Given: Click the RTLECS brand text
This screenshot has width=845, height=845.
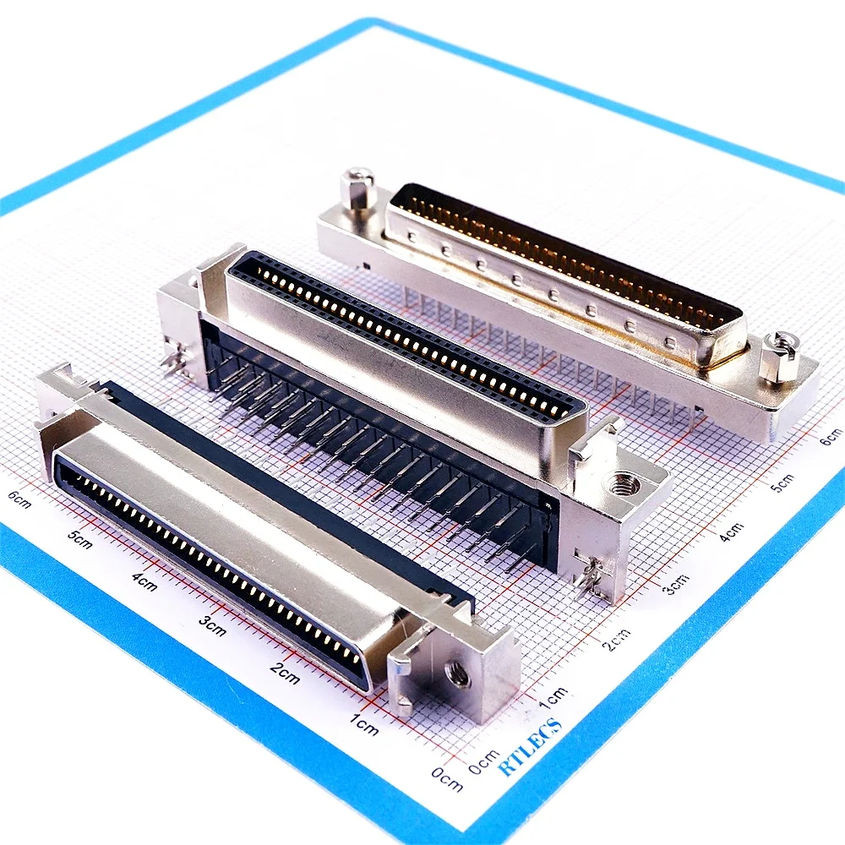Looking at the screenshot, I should pos(530,746).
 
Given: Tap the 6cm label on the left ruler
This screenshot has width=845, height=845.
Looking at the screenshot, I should pos(19,499).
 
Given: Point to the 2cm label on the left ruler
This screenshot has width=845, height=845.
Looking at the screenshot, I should pos(285,676).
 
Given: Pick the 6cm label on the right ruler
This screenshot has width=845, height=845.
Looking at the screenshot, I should pos(831,436).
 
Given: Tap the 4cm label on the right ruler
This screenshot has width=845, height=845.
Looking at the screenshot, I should pos(732,532).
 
